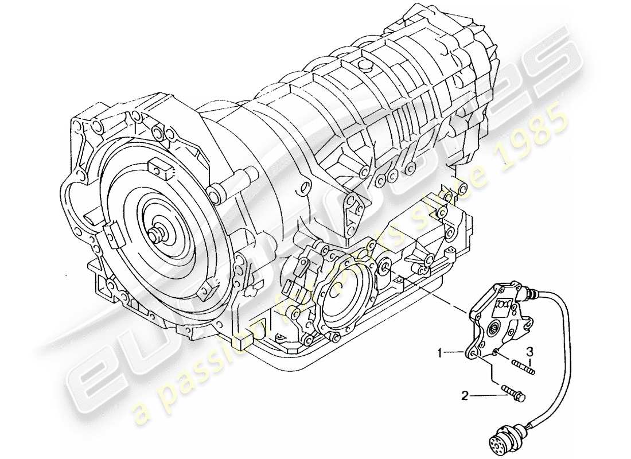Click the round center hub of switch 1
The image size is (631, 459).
pyautogui.click(x=493, y=329)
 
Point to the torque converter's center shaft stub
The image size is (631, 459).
pyautogui.click(x=156, y=235)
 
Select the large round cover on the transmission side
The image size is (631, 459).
pyautogui.click(x=345, y=298)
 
